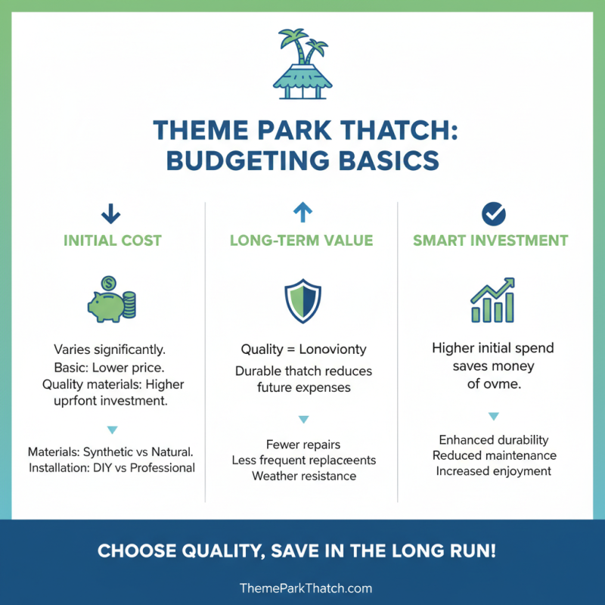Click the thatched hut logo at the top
click(302, 65)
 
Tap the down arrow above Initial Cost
click(110, 214)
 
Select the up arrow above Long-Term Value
click(302, 213)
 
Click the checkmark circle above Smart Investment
click(493, 214)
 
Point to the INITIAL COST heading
click(112, 241)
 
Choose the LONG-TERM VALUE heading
click(302, 241)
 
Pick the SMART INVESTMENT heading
click(490, 241)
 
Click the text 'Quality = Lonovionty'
click(302, 349)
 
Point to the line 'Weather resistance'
click(303, 476)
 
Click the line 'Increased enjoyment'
click(493, 471)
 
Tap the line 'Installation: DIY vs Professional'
click(112, 467)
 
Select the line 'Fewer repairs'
click(302, 445)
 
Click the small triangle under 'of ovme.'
click(493, 416)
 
